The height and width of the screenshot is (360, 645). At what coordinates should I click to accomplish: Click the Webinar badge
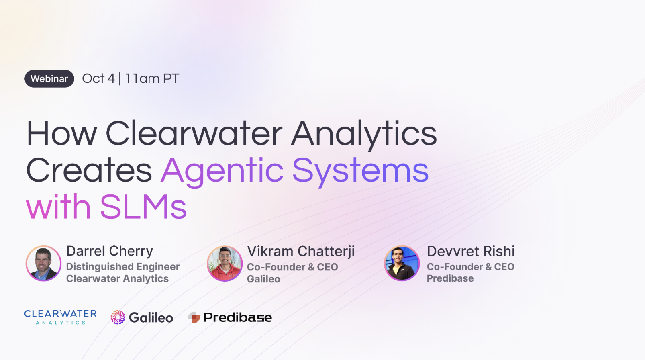49,79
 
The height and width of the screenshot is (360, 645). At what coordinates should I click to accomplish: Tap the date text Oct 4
98,78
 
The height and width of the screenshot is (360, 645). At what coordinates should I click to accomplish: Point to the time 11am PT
152,78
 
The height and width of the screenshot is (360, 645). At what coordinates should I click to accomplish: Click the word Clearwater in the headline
194,133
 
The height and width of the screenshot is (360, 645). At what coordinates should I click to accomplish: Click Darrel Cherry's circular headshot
43,264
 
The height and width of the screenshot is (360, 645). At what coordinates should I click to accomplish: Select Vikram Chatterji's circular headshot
225,264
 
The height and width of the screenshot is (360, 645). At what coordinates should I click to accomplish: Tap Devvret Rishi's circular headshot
402,264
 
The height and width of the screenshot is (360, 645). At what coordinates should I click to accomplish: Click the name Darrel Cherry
110,251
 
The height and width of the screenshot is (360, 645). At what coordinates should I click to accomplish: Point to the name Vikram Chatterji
301,251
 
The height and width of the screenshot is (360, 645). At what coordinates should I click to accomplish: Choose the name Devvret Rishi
471,251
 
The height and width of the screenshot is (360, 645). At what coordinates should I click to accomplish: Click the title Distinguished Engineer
123,267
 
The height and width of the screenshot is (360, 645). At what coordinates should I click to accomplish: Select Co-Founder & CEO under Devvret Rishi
470,267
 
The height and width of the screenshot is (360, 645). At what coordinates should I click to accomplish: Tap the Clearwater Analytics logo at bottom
60,317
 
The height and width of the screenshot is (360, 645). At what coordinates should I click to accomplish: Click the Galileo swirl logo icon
118,317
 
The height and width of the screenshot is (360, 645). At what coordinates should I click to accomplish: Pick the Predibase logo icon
194,317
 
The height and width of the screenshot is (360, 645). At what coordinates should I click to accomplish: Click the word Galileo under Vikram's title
263,279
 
